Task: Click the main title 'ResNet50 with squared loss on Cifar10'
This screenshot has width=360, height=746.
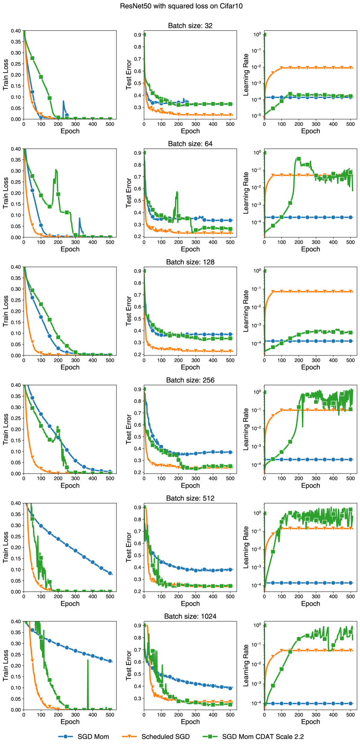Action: pyautogui.click(x=181, y=6)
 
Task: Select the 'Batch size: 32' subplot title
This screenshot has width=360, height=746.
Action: pyautogui.click(x=190, y=26)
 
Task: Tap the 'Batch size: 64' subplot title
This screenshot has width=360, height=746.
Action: pyautogui.click(x=190, y=144)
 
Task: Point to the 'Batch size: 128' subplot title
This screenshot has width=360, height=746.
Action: pyautogui.click(x=190, y=262)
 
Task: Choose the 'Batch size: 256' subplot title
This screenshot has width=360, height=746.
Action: pyautogui.click(x=190, y=380)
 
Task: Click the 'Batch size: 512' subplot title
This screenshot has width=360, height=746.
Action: pyautogui.click(x=190, y=498)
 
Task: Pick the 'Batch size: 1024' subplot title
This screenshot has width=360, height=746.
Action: pyautogui.click(x=190, y=616)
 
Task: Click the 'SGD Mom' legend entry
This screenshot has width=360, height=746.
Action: pyautogui.click(x=84, y=737)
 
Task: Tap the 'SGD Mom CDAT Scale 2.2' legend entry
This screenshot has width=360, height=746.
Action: pyautogui.click(x=254, y=737)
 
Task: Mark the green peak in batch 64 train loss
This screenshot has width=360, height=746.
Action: pyautogui.click(x=56, y=170)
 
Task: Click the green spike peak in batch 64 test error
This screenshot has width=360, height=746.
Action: pyautogui.click(x=177, y=192)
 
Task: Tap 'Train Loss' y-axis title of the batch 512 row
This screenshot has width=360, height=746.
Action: pyautogui.click(x=6, y=547)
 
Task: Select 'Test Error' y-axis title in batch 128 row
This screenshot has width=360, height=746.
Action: pyautogui.click(x=129, y=311)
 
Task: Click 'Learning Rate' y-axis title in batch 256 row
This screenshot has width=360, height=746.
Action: pyautogui.click(x=245, y=429)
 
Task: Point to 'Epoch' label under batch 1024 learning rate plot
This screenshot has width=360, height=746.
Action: pyautogui.click(x=310, y=722)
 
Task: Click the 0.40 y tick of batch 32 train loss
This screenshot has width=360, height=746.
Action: pyautogui.click(x=15, y=31)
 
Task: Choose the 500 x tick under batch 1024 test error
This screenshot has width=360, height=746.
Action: pyautogui.click(x=230, y=714)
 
